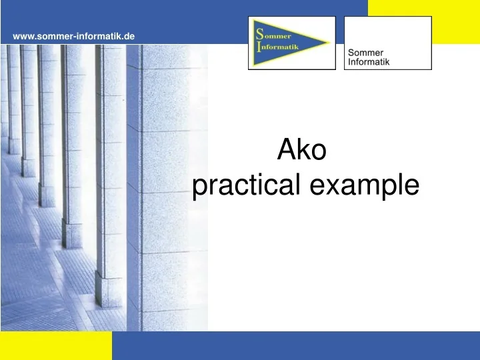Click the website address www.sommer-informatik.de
[73, 35]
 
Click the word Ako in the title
[301, 151]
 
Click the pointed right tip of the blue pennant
[329, 44]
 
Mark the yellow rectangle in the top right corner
[423, 20]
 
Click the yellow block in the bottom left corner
[56, 345]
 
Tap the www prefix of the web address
[23, 35]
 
